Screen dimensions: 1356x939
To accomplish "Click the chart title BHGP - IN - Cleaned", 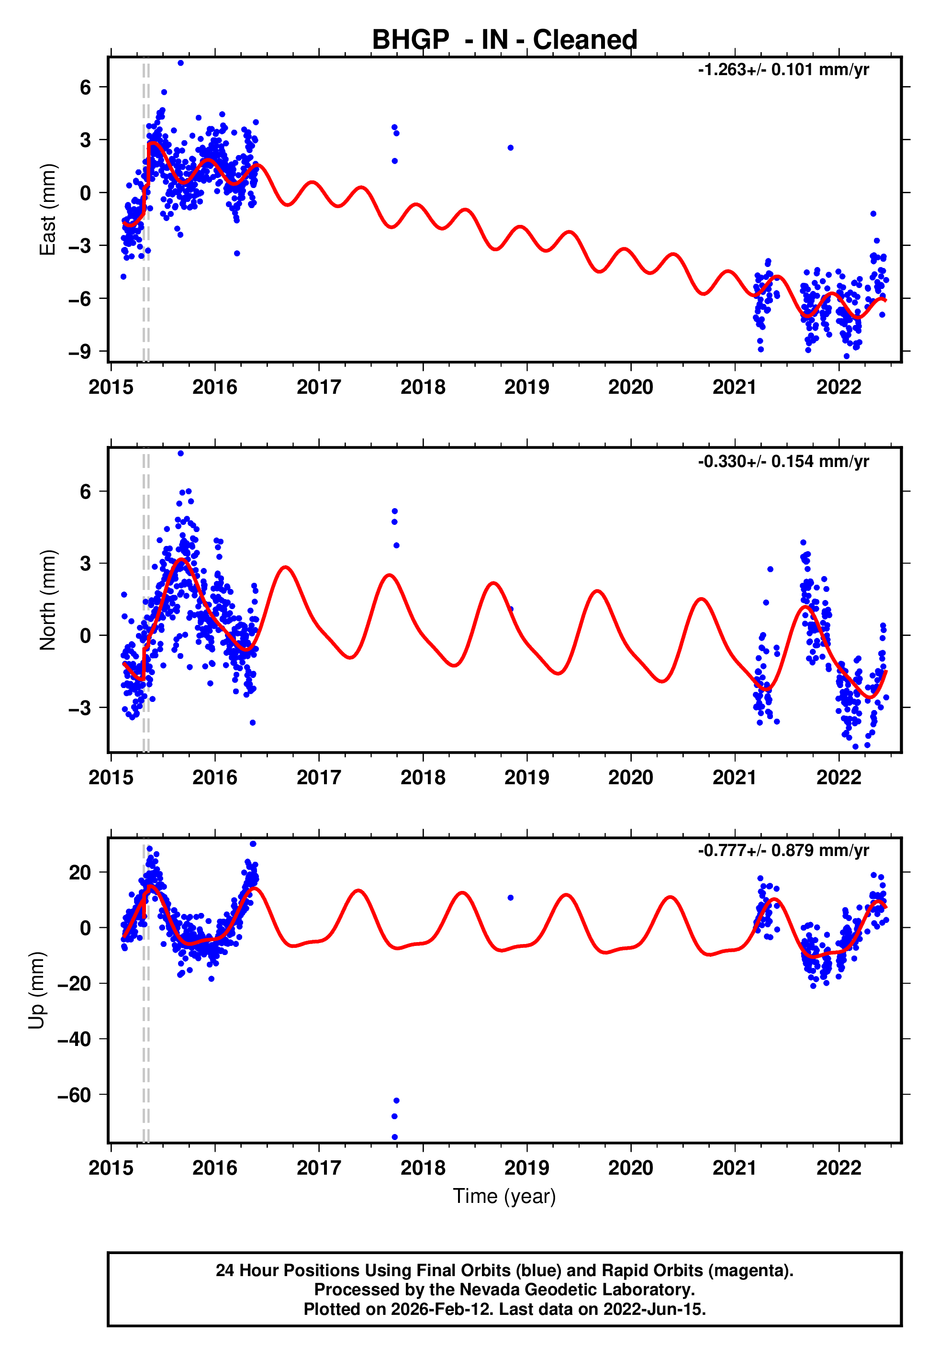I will (x=504, y=40).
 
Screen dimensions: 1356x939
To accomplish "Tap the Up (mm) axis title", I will (x=36, y=990).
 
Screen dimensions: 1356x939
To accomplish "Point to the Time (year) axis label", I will (x=504, y=1196).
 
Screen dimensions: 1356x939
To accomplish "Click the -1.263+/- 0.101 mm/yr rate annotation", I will (x=783, y=70).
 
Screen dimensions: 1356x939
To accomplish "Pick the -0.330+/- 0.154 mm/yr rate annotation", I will (x=783, y=461).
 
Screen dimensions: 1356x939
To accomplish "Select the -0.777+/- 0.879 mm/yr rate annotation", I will (x=783, y=850).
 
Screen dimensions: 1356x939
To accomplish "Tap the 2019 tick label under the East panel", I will (x=526, y=387).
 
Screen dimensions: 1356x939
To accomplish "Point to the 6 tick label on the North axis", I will (x=85, y=491).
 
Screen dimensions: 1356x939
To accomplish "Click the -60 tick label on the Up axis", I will (x=74, y=1095).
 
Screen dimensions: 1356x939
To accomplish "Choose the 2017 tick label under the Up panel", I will (x=318, y=1168).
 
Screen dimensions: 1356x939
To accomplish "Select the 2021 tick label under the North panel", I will (x=734, y=778).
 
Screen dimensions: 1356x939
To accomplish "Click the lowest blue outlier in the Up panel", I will (x=394, y=1137).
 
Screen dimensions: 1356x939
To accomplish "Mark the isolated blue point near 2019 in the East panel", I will (x=511, y=147).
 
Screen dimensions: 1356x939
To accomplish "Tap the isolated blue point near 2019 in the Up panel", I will (x=511, y=898).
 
